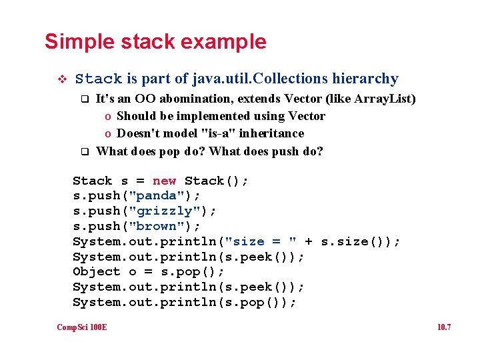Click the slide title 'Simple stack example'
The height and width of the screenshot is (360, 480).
[155, 42]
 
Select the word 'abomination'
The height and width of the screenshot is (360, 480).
[212, 99]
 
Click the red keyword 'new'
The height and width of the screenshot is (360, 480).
[164, 181]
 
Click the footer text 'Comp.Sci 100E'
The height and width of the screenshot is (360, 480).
[82, 327]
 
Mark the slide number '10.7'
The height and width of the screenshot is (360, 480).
[444, 327]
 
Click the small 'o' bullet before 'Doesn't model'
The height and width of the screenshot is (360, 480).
[108, 134]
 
